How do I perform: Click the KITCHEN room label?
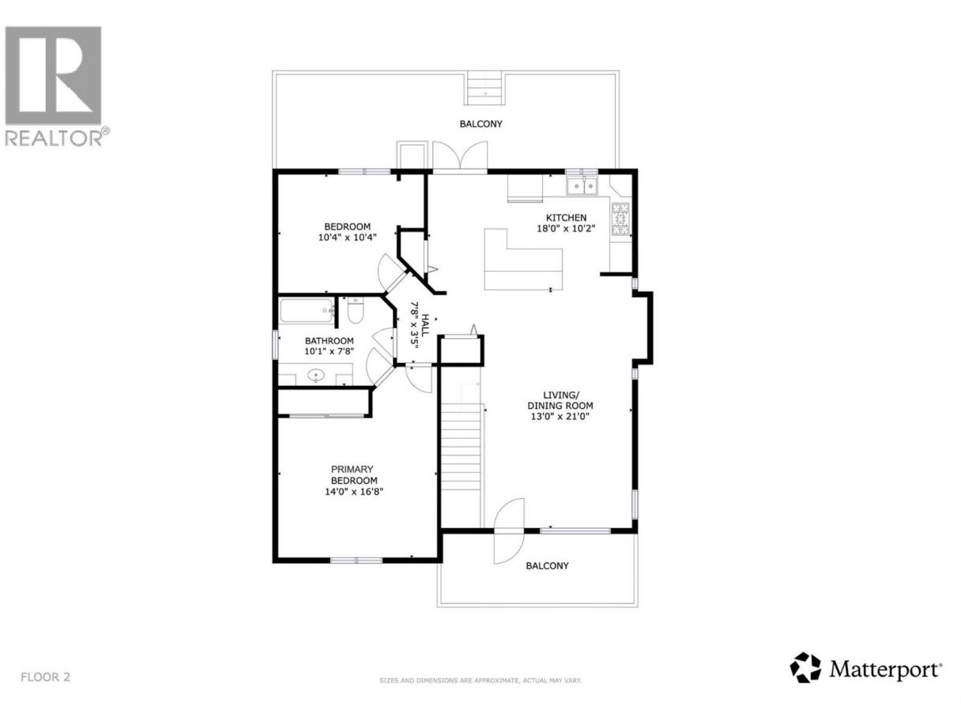[566, 217]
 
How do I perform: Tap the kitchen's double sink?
[582, 186]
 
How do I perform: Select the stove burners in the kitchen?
[620, 218]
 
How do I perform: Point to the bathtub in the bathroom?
[307, 311]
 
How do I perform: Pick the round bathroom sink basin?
[315, 376]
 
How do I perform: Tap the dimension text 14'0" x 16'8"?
[354, 491]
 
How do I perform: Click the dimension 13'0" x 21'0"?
[560, 417]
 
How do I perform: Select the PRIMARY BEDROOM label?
[354, 474]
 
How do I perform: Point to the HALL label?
[425, 324]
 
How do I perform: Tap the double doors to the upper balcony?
[460, 157]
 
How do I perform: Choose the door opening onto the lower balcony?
[508, 530]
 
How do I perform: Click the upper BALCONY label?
[480, 124]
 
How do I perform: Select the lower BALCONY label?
[547, 565]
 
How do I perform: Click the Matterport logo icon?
[805, 679]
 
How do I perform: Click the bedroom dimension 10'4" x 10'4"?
[347, 237]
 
